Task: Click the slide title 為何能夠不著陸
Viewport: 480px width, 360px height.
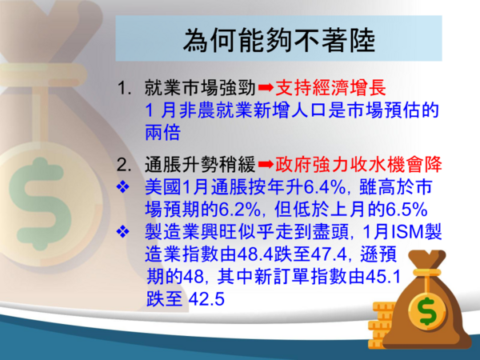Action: point(279,40)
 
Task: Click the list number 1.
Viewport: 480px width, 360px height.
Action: point(125,88)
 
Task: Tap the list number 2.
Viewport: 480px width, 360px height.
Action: point(124,165)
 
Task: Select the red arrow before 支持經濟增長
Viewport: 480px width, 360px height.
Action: point(266,88)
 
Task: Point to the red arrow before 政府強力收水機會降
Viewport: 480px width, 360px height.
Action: point(266,165)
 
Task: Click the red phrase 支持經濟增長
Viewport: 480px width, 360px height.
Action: point(330,88)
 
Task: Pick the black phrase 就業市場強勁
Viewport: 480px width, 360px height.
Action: point(200,88)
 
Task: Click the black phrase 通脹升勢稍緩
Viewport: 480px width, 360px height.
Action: point(200,165)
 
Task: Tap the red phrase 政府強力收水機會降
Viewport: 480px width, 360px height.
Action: point(358,164)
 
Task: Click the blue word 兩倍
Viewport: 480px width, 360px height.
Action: point(163,132)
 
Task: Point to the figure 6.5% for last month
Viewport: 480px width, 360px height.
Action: point(406,210)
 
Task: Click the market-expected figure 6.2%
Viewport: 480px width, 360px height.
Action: point(240,210)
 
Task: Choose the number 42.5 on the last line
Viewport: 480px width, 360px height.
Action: point(206,298)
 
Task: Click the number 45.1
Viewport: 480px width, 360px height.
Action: point(383,277)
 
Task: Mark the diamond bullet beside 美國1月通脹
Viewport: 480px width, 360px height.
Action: point(123,186)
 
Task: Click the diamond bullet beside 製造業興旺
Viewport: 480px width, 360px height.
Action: point(123,232)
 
